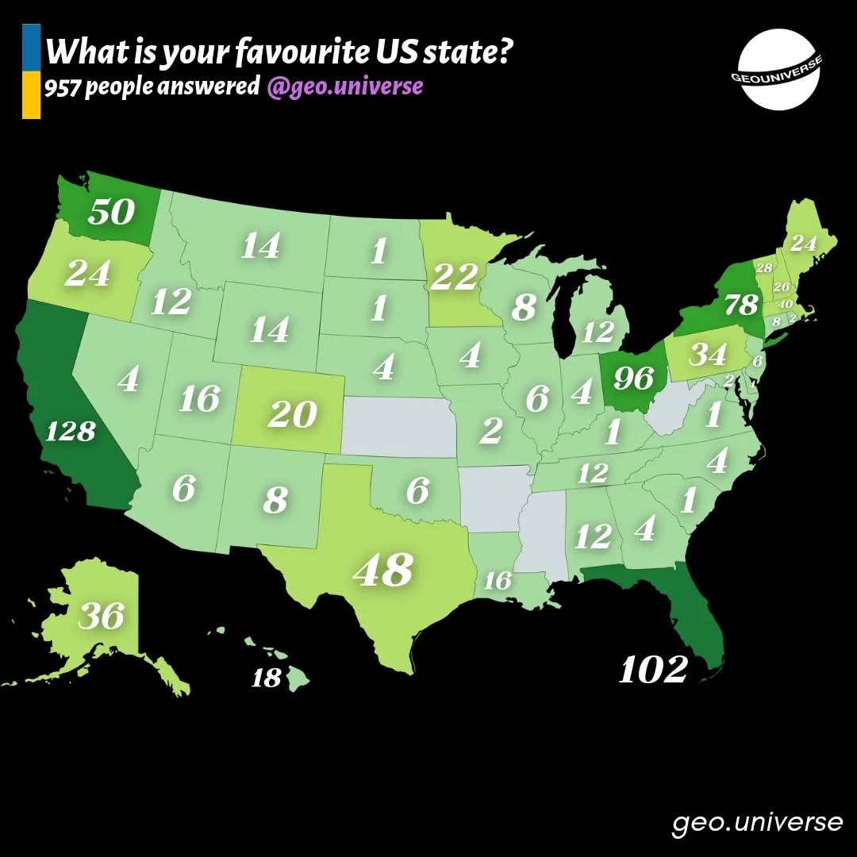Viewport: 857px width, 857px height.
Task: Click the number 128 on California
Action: click(71, 432)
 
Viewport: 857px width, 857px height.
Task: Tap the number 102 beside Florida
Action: click(652, 671)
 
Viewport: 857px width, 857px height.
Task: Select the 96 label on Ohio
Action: click(633, 379)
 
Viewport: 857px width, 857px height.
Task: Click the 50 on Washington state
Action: click(111, 212)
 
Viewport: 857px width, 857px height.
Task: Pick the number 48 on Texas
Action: click(383, 570)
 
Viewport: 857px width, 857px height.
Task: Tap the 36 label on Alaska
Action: click(102, 616)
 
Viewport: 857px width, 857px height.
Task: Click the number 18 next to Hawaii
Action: click(266, 679)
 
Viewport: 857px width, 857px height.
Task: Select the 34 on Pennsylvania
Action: click(708, 355)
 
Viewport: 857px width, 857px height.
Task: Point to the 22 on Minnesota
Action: click(454, 277)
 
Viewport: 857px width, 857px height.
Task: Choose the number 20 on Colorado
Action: click(292, 414)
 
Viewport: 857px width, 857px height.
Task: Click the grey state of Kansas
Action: click(397, 427)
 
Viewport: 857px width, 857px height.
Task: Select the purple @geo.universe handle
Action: click(345, 86)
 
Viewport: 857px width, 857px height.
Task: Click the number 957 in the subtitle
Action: click(63, 86)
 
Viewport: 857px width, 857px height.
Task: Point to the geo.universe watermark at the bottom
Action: click(757, 822)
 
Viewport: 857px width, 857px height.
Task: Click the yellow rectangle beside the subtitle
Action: click(31, 95)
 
